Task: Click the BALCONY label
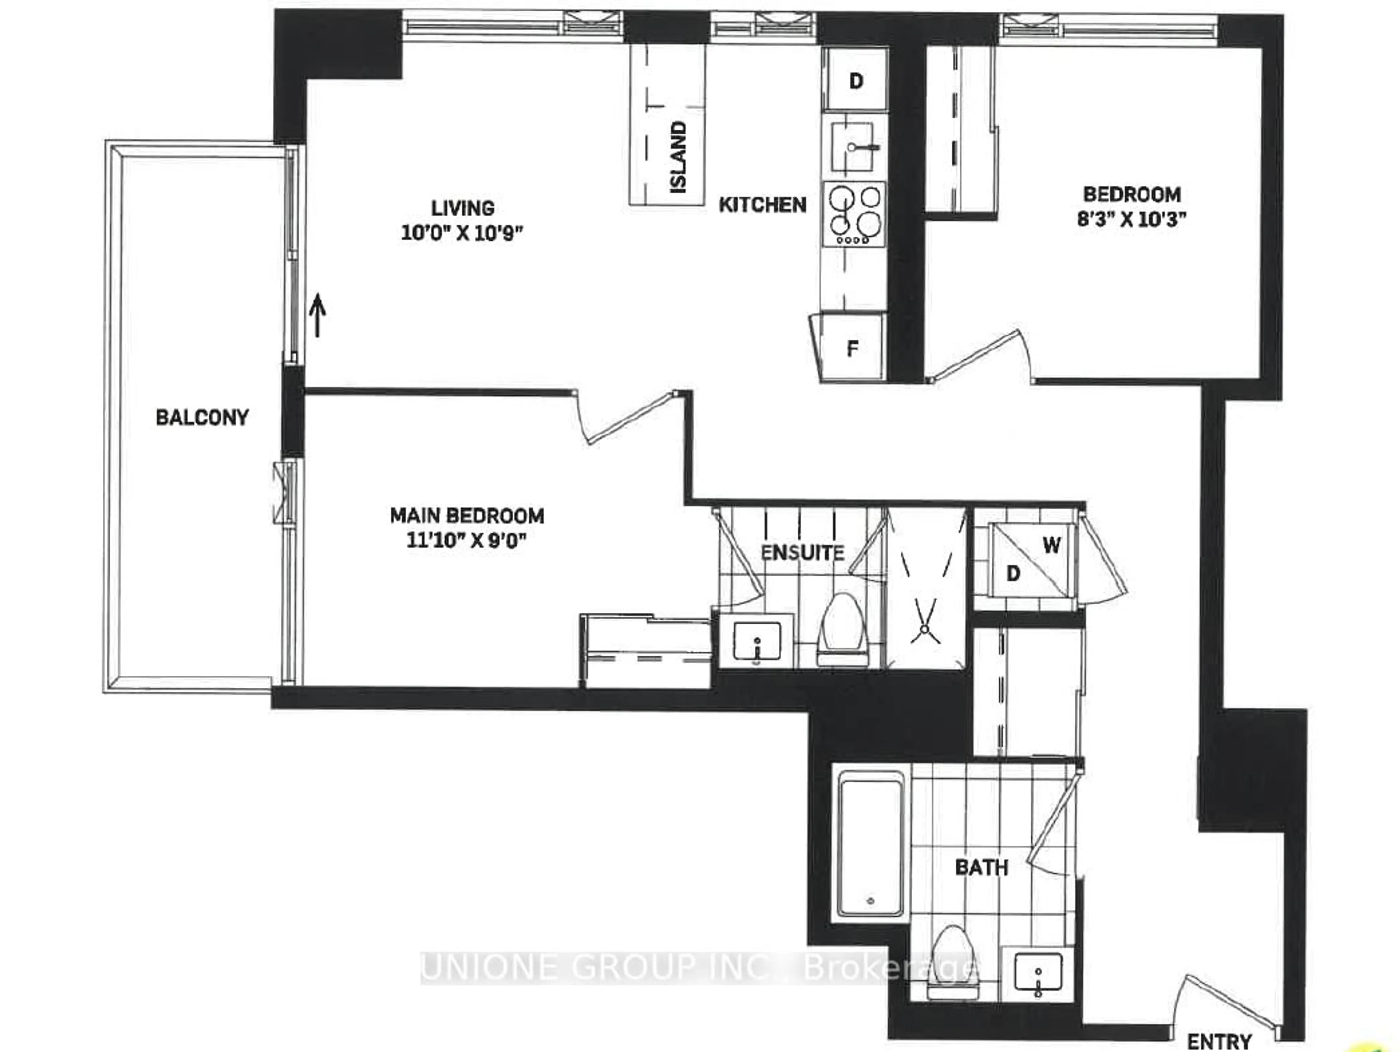203,417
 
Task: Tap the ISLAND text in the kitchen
678,157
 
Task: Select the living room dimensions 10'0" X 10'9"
462,233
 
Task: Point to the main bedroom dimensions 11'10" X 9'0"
467,541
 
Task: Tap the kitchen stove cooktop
854,214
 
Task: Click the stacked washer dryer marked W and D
1031,560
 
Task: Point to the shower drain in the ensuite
925,629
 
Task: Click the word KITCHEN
763,205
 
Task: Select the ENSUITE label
802,553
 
